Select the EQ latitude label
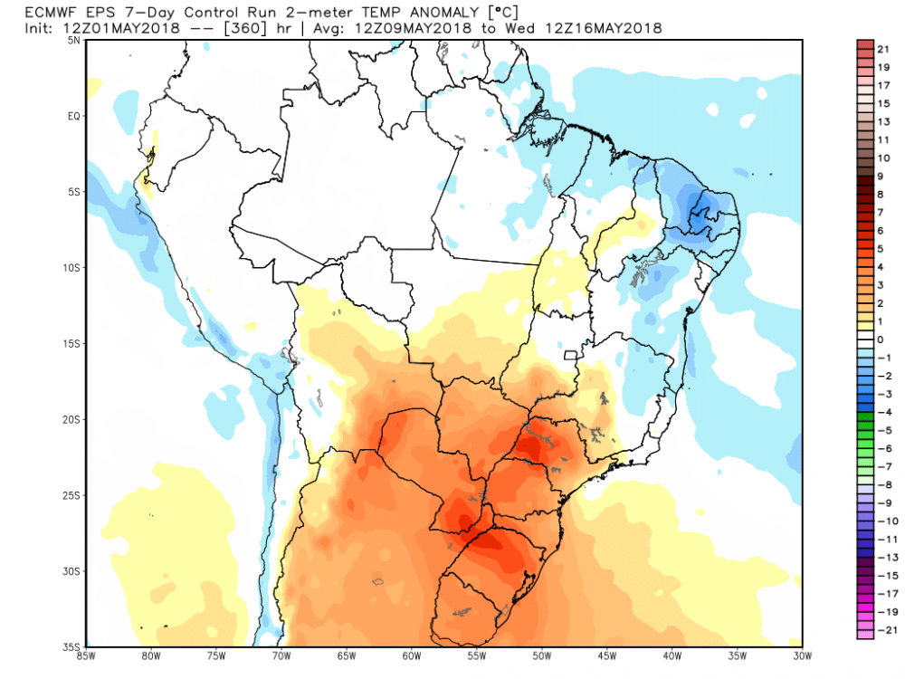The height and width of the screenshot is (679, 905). coord(75,116)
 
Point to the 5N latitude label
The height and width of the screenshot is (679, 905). coord(75,42)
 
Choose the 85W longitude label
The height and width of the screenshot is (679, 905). coord(87,656)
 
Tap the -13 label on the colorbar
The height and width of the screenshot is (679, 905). coord(881,558)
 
